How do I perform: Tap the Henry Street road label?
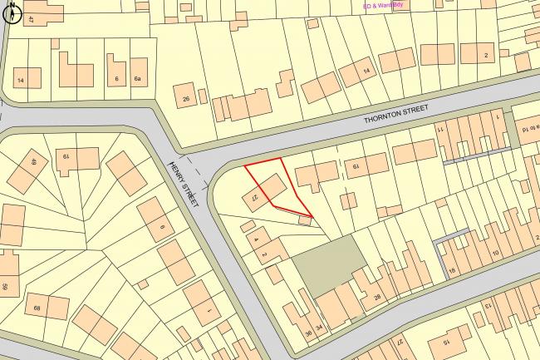[x=184, y=185]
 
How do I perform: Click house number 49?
[x=33, y=163]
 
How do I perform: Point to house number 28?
[x=378, y=297]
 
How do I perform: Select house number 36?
[x=308, y=333]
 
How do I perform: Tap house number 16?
[x=453, y=270]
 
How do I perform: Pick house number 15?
[x=444, y=342]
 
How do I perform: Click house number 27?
[x=400, y=341]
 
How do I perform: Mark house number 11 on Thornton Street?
[x=441, y=131]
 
